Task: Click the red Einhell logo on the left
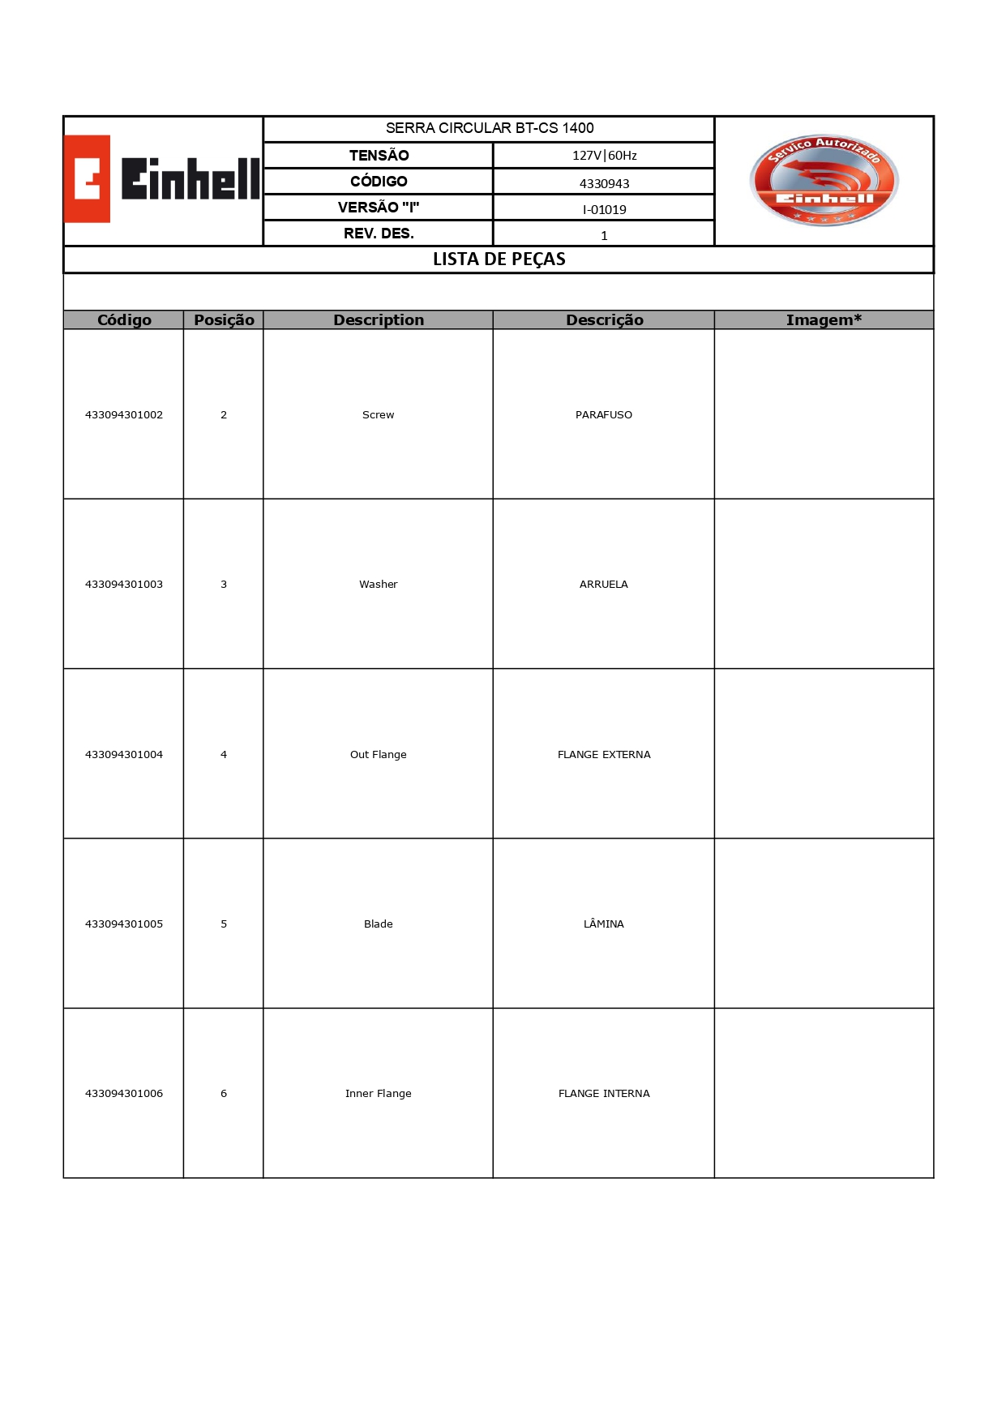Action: (x=162, y=179)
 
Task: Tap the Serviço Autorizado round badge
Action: (x=824, y=180)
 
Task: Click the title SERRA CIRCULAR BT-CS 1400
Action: (x=490, y=128)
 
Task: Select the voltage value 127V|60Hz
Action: (x=604, y=156)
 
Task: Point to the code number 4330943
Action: (x=604, y=183)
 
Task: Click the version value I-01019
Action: (x=604, y=209)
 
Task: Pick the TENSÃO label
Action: (x=379, y=156)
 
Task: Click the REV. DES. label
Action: (x=379, y=234)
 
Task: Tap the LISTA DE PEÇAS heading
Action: (x=499, y=259)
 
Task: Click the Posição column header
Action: (x=224, y=320)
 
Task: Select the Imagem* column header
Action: (x=824, y=320)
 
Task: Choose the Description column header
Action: (x=379, y=320)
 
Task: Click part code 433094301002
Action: (x=124, y=415)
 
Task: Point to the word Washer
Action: (x=379, y=585)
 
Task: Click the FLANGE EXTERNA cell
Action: (x=604, y=755)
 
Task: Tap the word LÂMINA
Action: (x=604, y=924)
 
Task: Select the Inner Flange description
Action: (x=379, y=1094)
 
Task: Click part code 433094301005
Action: (x=124, y=924)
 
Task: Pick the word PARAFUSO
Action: (x=604, y=415)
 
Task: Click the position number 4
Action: (x=224, y=755)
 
